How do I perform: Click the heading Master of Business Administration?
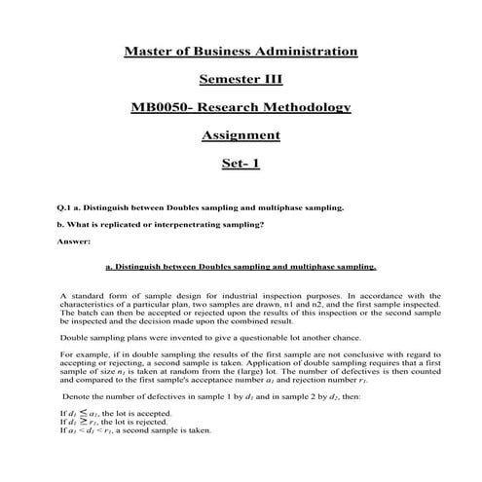click(241, 51)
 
